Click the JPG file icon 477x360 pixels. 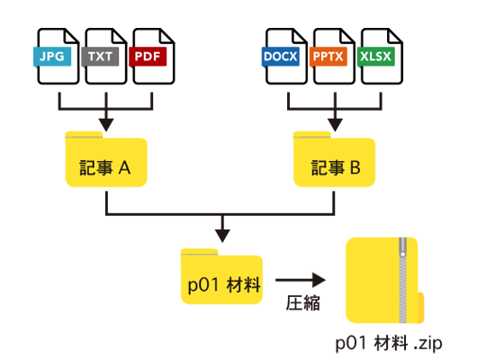[x=57, y=57]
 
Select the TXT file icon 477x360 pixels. [x=104, y=57]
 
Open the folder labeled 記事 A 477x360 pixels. [x=106, y=162]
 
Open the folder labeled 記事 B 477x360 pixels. [x=335, y=162]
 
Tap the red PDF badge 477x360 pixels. [x=146, y=56]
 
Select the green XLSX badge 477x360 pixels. [x=375, y=56]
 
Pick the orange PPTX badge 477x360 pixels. [x=328, y=56]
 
